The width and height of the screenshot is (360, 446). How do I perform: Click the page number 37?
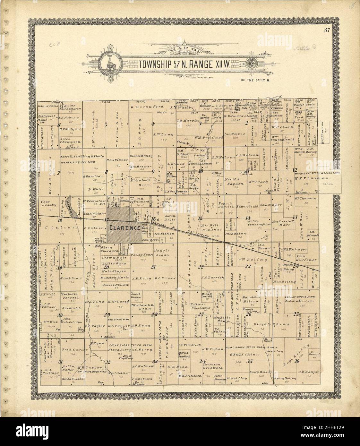327,30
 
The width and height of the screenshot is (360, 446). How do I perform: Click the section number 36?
296,361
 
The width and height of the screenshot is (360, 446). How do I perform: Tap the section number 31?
60,362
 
